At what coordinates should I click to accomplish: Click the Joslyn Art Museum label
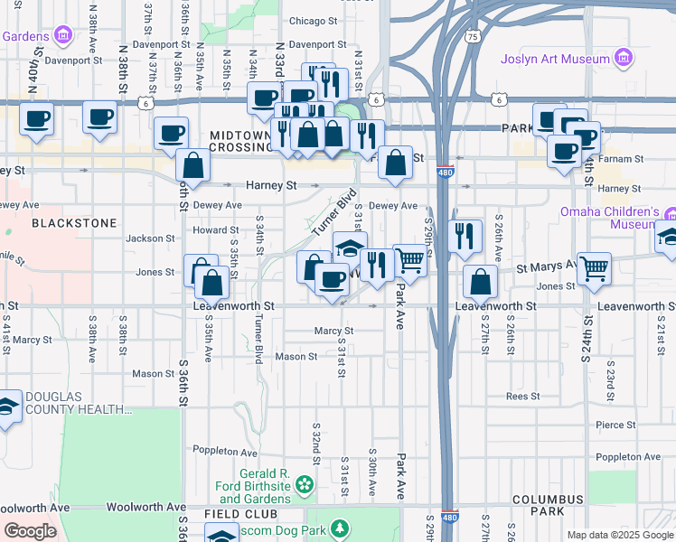point(556,60)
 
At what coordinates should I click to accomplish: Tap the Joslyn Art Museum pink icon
point(623,60)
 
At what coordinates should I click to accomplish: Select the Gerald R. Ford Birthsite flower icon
point(305,486)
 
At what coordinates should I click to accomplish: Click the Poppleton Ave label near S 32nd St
point(225,452)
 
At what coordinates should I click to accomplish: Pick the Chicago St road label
point(313,20)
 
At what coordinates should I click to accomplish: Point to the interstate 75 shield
point(472,36)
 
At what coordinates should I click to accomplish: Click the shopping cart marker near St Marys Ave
point(594,267)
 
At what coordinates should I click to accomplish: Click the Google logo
point(30,531)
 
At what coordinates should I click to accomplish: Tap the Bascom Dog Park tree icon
point(339,527)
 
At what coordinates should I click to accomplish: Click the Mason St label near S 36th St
point(153,373)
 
